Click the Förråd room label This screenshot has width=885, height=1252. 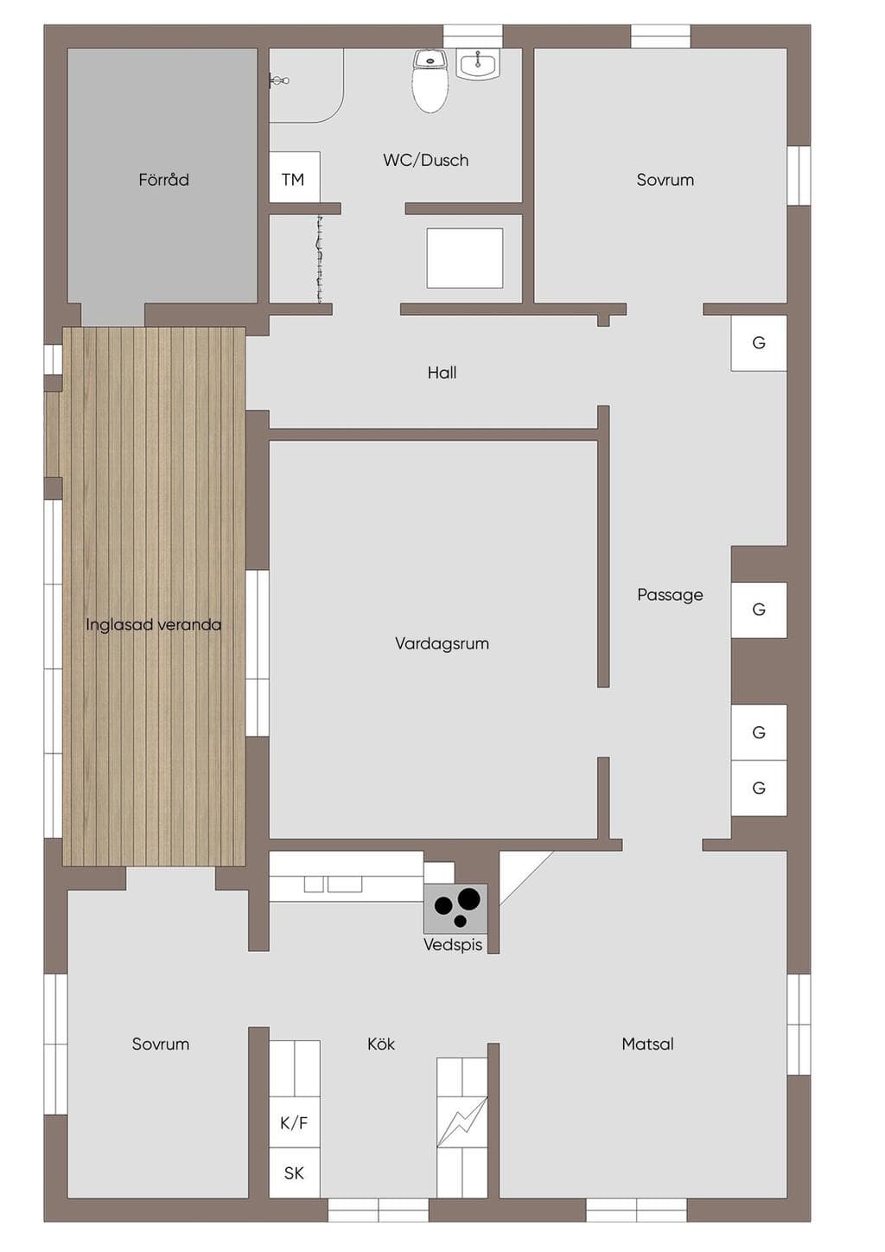pyautogui.click(x=163, y=180)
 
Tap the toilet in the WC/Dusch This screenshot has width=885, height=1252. pyautogui.click(x=430, y=81)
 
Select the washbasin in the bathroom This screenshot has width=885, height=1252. pyautogui.click(x=479, y=64)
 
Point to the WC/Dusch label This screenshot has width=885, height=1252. pyautogui.click(x=426, y=161)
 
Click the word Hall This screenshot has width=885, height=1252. pyautogui.click(x=442, y=373)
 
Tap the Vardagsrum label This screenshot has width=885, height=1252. pyautogui.click(x=442, y=643)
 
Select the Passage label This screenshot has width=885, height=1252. pyautogui.click(x=670, y=595)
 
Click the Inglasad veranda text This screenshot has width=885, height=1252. pyautogui.click(x=154, y=624)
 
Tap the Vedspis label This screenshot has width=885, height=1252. pyautogui.click(x=453, y=944)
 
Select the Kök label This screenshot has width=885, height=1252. pyautogui.click(x=381, y=1044)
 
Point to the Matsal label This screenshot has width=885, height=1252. pyautogui.click(x=647, y=1044)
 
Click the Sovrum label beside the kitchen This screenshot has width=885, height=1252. pyautogui.click(x=161, y=1044)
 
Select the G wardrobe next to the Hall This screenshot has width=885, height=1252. pyautogui.click(x=759, y=342)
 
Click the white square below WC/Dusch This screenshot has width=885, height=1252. pyautogui.click(x=465, y=258)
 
